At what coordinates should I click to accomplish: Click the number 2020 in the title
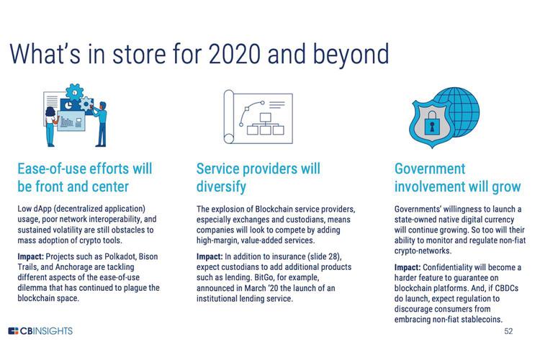234,54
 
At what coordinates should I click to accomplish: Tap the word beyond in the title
351,55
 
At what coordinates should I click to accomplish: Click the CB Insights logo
40,331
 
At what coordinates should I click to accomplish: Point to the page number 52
508,331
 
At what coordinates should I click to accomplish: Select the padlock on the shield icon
432,122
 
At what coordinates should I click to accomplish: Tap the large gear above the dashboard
74,92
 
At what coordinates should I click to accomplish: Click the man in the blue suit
101,124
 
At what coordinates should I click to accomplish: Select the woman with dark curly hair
50,126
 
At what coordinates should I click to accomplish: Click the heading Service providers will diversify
258,178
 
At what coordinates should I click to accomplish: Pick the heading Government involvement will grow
458,178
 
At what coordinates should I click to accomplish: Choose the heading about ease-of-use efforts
85,178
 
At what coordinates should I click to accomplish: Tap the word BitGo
264,277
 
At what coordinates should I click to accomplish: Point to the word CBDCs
507,288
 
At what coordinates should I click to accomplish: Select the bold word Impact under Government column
408,268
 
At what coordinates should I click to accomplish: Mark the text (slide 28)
325,257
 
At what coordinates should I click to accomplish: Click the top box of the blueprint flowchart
266,117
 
